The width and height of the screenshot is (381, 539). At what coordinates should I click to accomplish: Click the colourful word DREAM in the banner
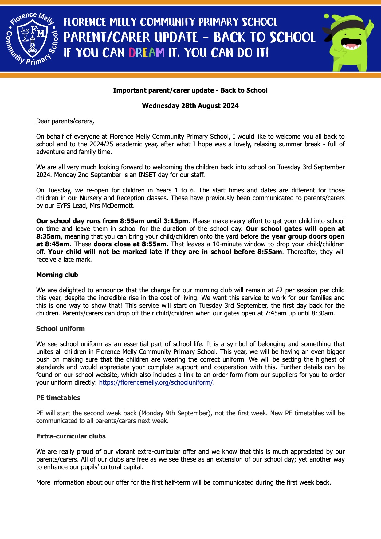click(147, 53)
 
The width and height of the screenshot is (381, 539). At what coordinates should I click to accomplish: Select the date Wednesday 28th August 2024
click(190, 106)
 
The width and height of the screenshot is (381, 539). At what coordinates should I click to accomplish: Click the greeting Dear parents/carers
click(65, 121)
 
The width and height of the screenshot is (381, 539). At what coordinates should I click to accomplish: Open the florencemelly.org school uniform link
click(156, 382)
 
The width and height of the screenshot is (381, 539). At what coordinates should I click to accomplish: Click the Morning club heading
click(57, 275)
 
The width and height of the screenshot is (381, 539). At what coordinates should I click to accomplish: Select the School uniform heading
click(61, 329)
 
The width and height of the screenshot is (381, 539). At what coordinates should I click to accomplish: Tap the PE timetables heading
click(58, 398)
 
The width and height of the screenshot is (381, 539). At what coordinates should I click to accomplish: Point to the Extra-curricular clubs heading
click(71, 436)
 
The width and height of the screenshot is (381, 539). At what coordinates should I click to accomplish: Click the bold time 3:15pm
click(177, 221)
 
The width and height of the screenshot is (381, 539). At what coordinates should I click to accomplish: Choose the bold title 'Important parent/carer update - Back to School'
click(190, 90)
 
